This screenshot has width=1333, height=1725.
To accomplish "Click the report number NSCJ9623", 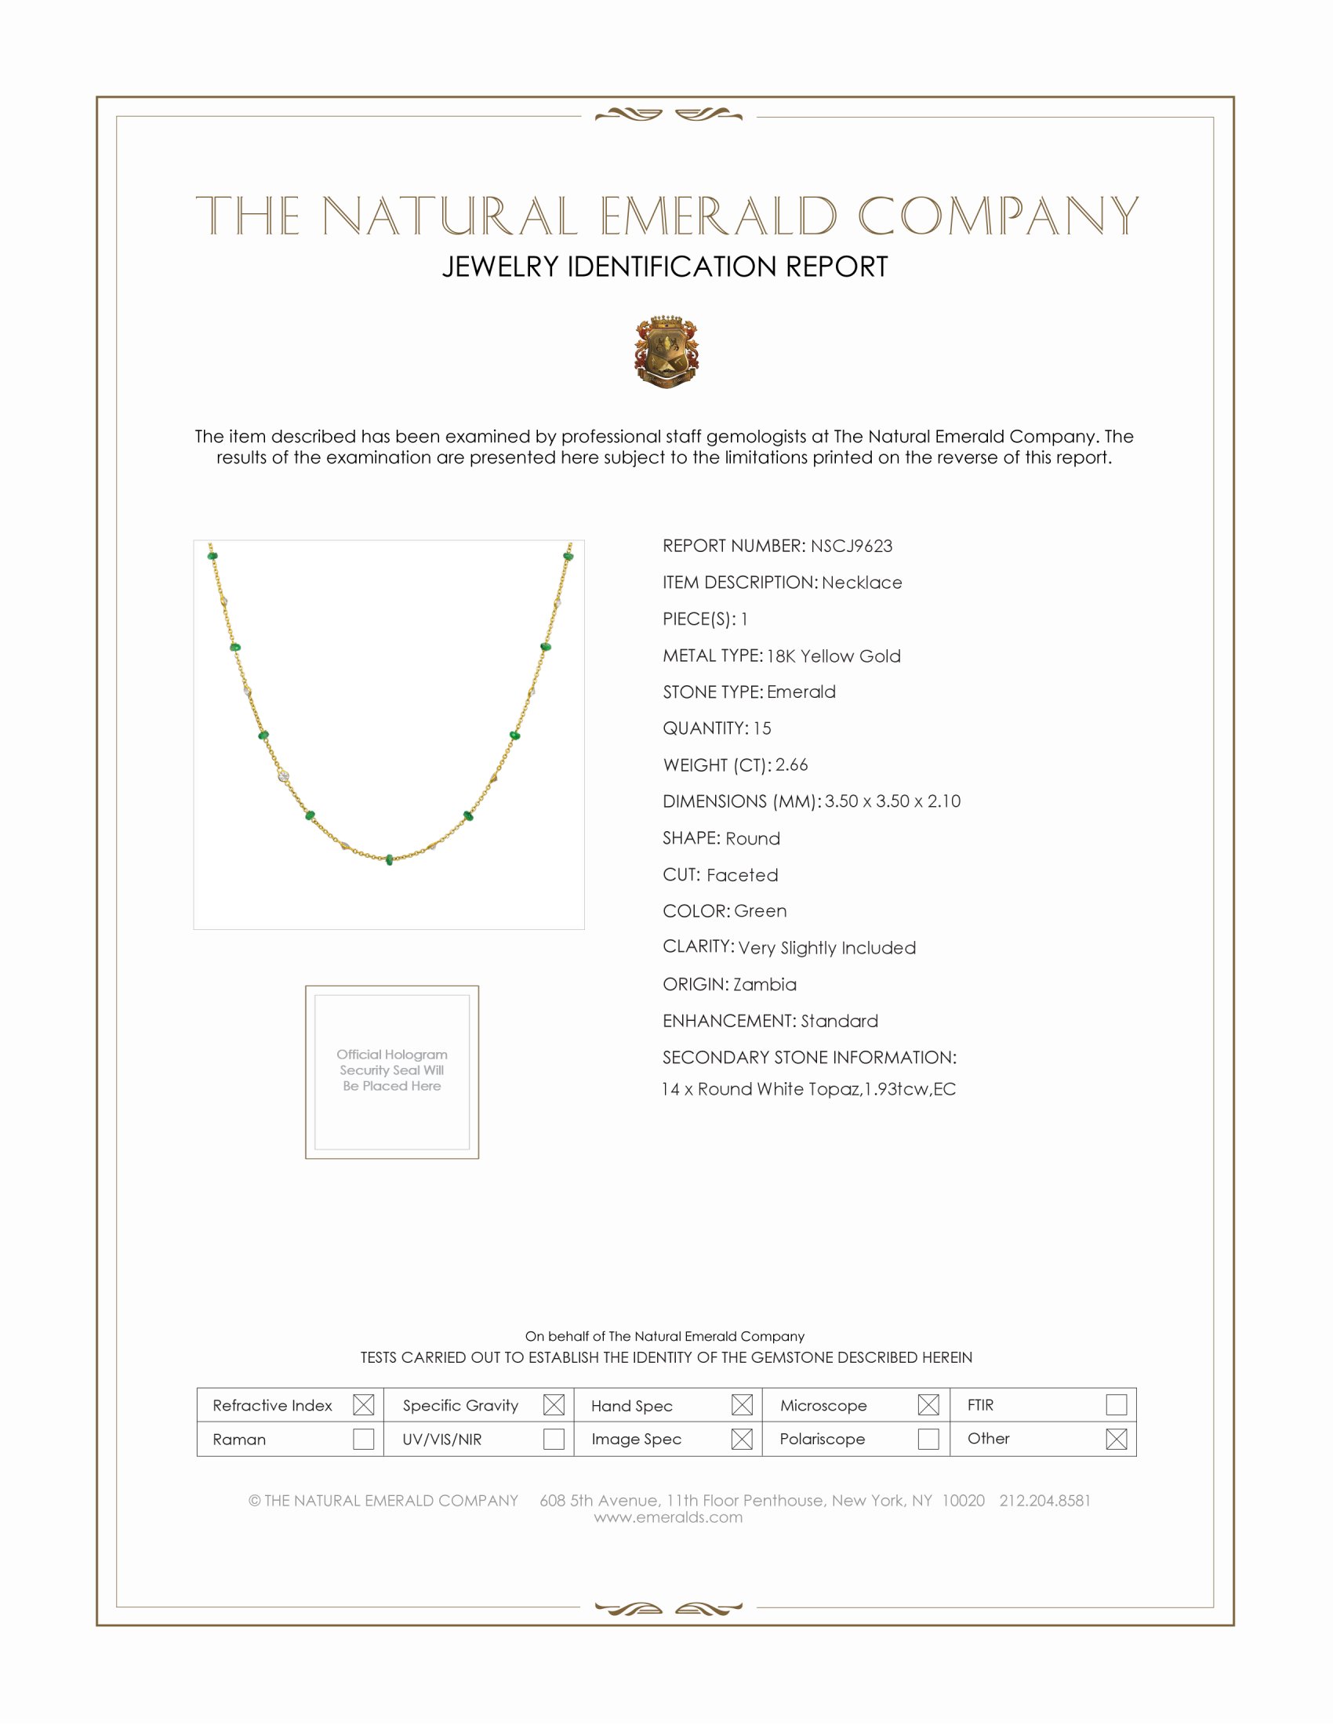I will click(x=851, y=546).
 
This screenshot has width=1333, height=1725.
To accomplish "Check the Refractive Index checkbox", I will click(x=363, y=1404).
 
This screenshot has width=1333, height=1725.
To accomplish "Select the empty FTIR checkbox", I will click(x=1116, y=1404).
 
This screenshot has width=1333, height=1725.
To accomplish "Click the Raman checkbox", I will click(x=363, y=1438).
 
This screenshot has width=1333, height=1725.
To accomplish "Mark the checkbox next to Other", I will click(x=1116, y=1438).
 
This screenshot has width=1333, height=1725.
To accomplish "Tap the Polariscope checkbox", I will click(x=928, y=1438).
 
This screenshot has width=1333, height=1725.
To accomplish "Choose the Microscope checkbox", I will click(x=928, y=1404).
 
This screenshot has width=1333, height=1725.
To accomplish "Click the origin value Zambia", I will click(x=764, y=984).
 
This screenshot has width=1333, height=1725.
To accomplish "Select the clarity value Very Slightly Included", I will click(x=826, y=948).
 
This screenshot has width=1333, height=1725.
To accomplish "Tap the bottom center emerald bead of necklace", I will click(x=390, y=859).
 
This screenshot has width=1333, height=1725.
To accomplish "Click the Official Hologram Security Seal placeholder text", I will click(x=392, y=1070).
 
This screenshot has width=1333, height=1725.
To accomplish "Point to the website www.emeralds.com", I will click(x=668, y=1517).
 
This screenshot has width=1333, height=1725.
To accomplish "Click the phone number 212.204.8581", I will click(x=1044, y=1501).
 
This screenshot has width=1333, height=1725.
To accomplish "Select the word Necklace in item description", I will click(x=861, y=583).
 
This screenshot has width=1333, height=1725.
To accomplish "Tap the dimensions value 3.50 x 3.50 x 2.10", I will click(x=892, y=801).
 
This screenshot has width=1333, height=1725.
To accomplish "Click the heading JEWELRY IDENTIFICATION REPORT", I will click(x=665, y=267).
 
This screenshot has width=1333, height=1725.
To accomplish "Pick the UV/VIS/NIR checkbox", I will click(x=554, y=1438).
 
